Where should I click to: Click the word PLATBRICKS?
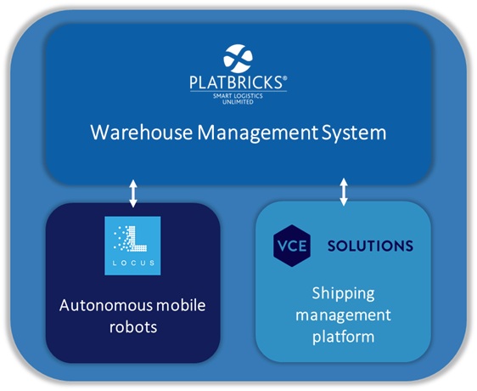[x=237, y=83]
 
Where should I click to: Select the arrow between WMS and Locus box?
[x=132, y=192]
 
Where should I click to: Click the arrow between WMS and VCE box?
[x=344, y=191]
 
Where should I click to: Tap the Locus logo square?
[x=133, y=246]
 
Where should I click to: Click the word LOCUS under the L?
[x=133, y=264]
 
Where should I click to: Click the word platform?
[x=344, y=337]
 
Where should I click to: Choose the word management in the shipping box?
[x=344, y=314]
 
